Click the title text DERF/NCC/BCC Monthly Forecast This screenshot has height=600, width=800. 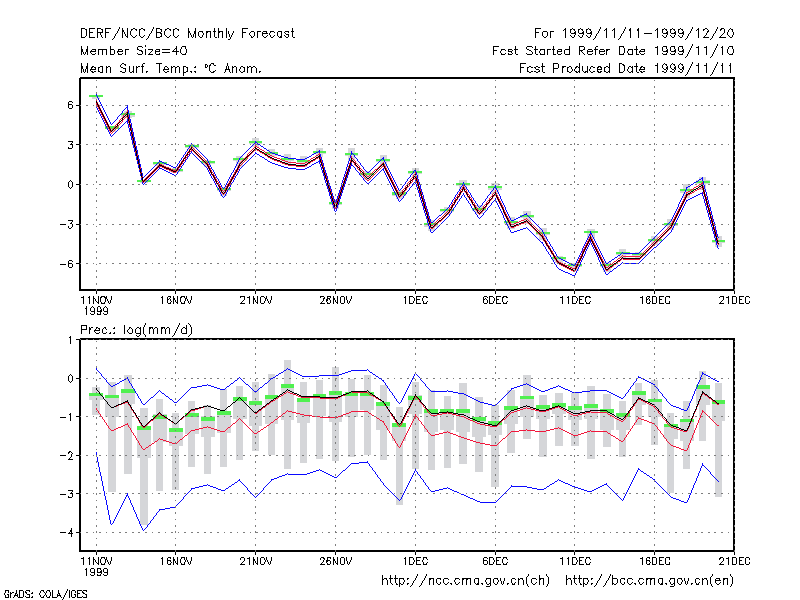[187, 34]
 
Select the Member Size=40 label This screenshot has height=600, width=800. [134, 51]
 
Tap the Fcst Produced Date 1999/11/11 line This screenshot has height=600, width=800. [626, 68]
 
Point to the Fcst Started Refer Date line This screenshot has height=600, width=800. [613, 51]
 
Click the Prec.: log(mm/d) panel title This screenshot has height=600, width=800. [136, 330]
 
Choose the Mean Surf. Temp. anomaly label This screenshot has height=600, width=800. [171, 68]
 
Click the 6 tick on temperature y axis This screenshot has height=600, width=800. [70, 105]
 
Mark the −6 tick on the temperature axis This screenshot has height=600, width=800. [67, 264]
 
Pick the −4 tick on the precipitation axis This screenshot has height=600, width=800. [67, 532]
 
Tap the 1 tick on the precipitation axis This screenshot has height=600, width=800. [70, 340]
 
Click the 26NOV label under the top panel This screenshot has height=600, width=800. [336, 300]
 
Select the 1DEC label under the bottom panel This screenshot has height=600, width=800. [415, 561]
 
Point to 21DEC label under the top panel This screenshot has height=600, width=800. [734, 300]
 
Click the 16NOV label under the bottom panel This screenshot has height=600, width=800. [176, 561]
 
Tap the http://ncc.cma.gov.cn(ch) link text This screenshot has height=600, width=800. [466, 581]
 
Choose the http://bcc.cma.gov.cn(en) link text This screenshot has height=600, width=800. [649, 581]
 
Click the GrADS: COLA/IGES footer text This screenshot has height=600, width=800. [45, 594]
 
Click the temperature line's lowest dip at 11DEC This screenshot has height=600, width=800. [574, 270]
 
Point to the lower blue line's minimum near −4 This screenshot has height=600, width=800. [144, 530]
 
